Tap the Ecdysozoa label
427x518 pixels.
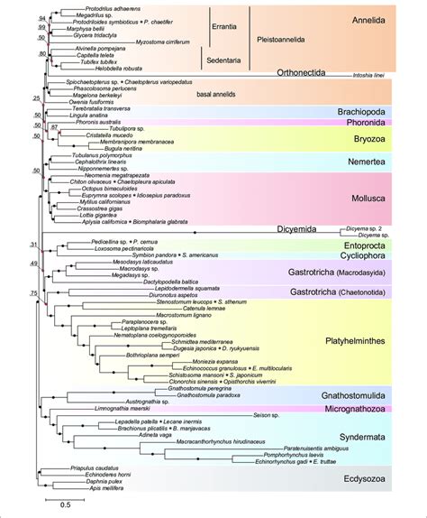tap(366, 478)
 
